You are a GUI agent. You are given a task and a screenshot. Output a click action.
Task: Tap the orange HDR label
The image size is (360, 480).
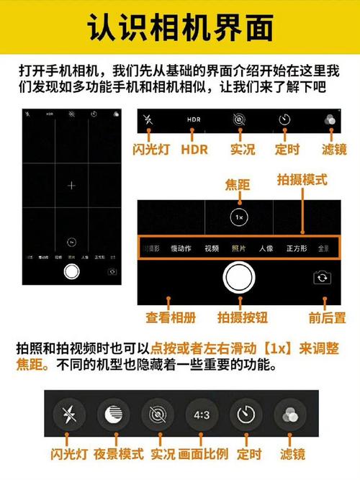coord(194,150)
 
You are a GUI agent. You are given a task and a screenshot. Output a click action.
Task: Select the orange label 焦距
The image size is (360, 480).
coord(238,185)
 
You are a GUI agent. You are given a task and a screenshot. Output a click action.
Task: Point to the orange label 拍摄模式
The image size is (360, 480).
coord(302,178)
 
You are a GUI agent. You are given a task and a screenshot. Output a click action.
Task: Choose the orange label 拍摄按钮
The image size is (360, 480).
coord(240,317)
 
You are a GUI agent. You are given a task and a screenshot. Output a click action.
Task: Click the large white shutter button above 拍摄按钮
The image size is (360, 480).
coord(240,278)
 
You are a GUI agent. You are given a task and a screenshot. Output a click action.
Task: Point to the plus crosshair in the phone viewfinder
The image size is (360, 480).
coord(71,186)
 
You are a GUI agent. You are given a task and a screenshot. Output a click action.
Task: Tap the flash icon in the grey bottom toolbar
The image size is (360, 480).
coord(69,415)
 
